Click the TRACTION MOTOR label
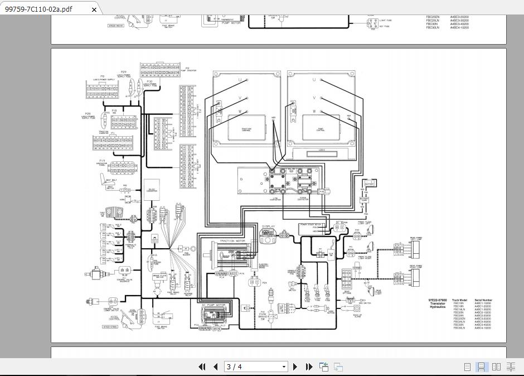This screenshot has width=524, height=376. click(232, 241)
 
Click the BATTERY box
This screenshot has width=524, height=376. click(369, 183)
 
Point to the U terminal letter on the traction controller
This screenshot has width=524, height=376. click(240, 80)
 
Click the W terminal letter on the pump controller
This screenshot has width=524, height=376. click(314, 112)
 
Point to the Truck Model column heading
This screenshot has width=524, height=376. click(460, 300)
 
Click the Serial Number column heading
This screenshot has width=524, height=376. click(483, 300)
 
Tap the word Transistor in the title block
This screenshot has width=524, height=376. click(438, 303)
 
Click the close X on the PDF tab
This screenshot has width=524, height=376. click(94, 9)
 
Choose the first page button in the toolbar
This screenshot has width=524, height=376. click(202, 367)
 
